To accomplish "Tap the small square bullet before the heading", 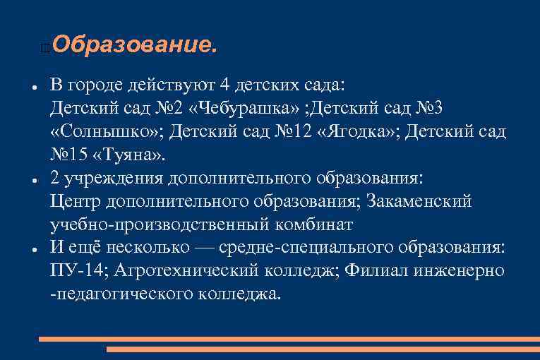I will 45,49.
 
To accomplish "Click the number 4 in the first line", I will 225,85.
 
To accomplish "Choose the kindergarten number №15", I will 68,155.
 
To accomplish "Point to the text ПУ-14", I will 78,271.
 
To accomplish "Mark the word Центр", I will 76,202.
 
